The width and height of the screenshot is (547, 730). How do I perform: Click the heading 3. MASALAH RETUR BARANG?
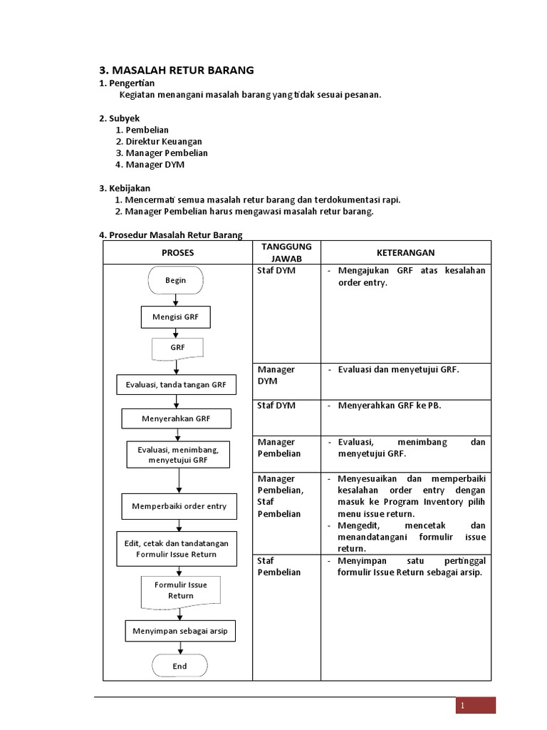pyautogui.click(x=176, y=70)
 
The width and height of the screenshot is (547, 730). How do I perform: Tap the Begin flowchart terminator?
pyautogui.click(x=176, y=280)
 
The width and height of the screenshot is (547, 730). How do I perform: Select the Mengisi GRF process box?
pyautogui.click(x=176, y=317)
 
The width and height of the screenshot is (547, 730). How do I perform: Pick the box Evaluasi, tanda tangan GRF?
pyautogui.click(x=176, y=385)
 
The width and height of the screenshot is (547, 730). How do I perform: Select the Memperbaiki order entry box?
pyautogui.click(x=179, y=506)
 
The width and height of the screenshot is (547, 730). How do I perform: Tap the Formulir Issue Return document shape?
pyautogui.click(x=181, y=590)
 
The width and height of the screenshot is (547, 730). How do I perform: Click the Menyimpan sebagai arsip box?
pyautogui.click(x=180, y=631)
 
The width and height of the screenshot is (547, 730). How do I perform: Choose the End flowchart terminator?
pyautogui.click(x=179, y=666)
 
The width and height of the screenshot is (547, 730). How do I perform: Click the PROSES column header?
pyautogui.click(x=177, y=252)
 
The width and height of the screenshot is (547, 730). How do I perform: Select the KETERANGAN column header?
pyautogui.click(x=405, y=252)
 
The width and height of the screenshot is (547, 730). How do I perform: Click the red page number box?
pyautogui.click(x=476, y=706)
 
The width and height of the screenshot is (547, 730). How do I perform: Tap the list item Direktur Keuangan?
pyautogui.click(x=163, y=142)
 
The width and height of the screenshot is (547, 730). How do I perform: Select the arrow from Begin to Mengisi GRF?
pyautogui.click(x=176, y=300)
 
